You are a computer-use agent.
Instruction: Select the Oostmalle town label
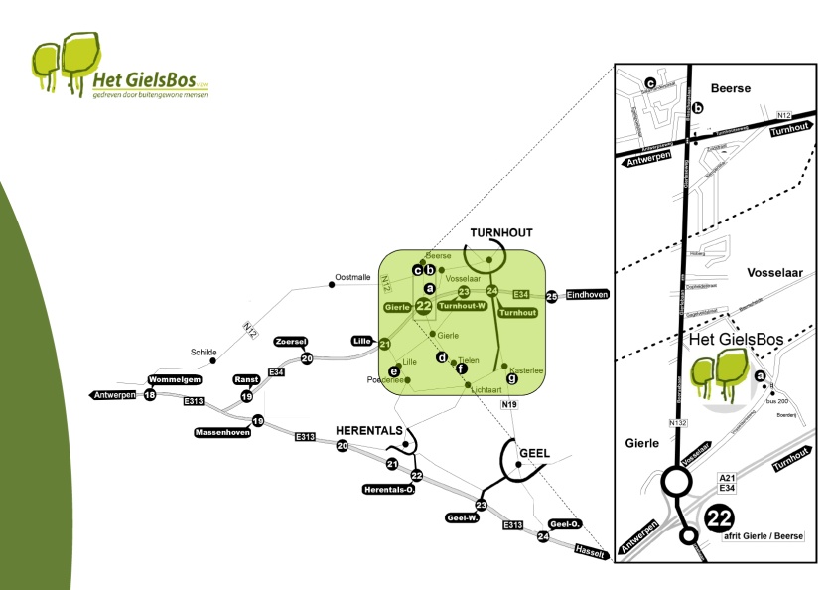tap(352, 278)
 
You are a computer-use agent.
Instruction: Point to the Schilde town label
tap(204, 352)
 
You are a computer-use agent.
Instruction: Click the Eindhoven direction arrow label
tap(586, 295)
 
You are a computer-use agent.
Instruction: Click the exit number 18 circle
tap(150, 395)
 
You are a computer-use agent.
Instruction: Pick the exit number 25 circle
tap(552, 295)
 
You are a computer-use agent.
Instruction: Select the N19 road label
tap(509, 406)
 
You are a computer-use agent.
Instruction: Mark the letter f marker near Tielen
tap(461, 368)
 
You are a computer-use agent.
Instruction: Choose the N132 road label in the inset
tap(678, 424)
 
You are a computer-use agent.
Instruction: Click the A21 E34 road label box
tap(727, 482)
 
